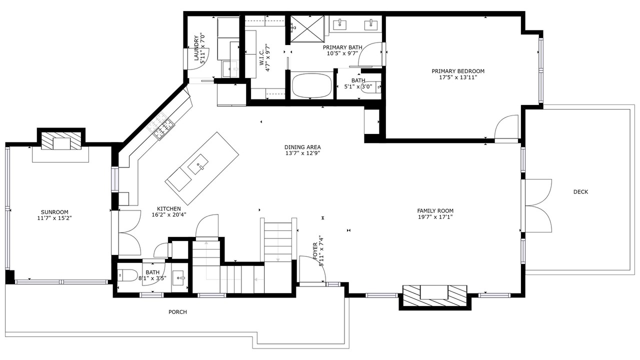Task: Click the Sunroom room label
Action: [54, 212]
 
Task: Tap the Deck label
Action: [580, 191]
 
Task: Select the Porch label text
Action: [177, 312]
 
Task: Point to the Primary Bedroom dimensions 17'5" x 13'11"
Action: [458, 77]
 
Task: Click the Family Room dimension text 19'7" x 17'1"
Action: [435, 217]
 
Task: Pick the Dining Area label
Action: [302, 147]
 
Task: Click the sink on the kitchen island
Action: [198, 164]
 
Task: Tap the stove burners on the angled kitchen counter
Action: [160, 125]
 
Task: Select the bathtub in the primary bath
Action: [311, 85]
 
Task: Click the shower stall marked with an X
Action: [307, 29]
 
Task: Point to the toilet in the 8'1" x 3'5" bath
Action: [128, 275]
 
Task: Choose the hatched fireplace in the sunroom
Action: [61, 140]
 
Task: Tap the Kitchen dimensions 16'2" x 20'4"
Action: [169, 215]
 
